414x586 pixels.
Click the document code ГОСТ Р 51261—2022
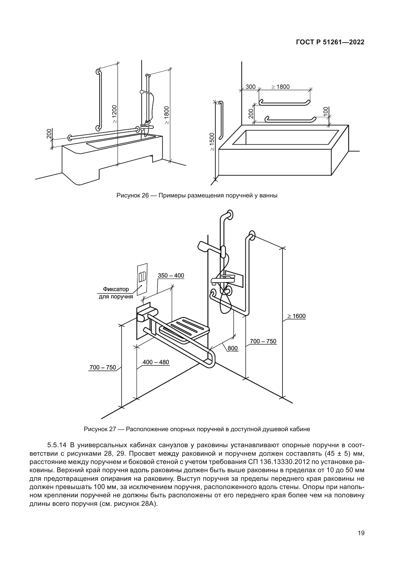pos(330,42)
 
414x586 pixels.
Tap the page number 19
pos(361,533)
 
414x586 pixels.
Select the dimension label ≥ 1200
pos(114,114)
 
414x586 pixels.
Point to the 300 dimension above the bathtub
pos(250,87)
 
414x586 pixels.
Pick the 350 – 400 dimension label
pos(171,276)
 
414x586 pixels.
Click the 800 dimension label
pos(233,348)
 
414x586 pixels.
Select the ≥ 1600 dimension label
pos(296,316)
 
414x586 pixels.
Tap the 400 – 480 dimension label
pos(156,362)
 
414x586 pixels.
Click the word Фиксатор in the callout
pos(116,289)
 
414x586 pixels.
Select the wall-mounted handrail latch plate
pos(142,280)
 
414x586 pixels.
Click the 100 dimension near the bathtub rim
pos(325,111)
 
